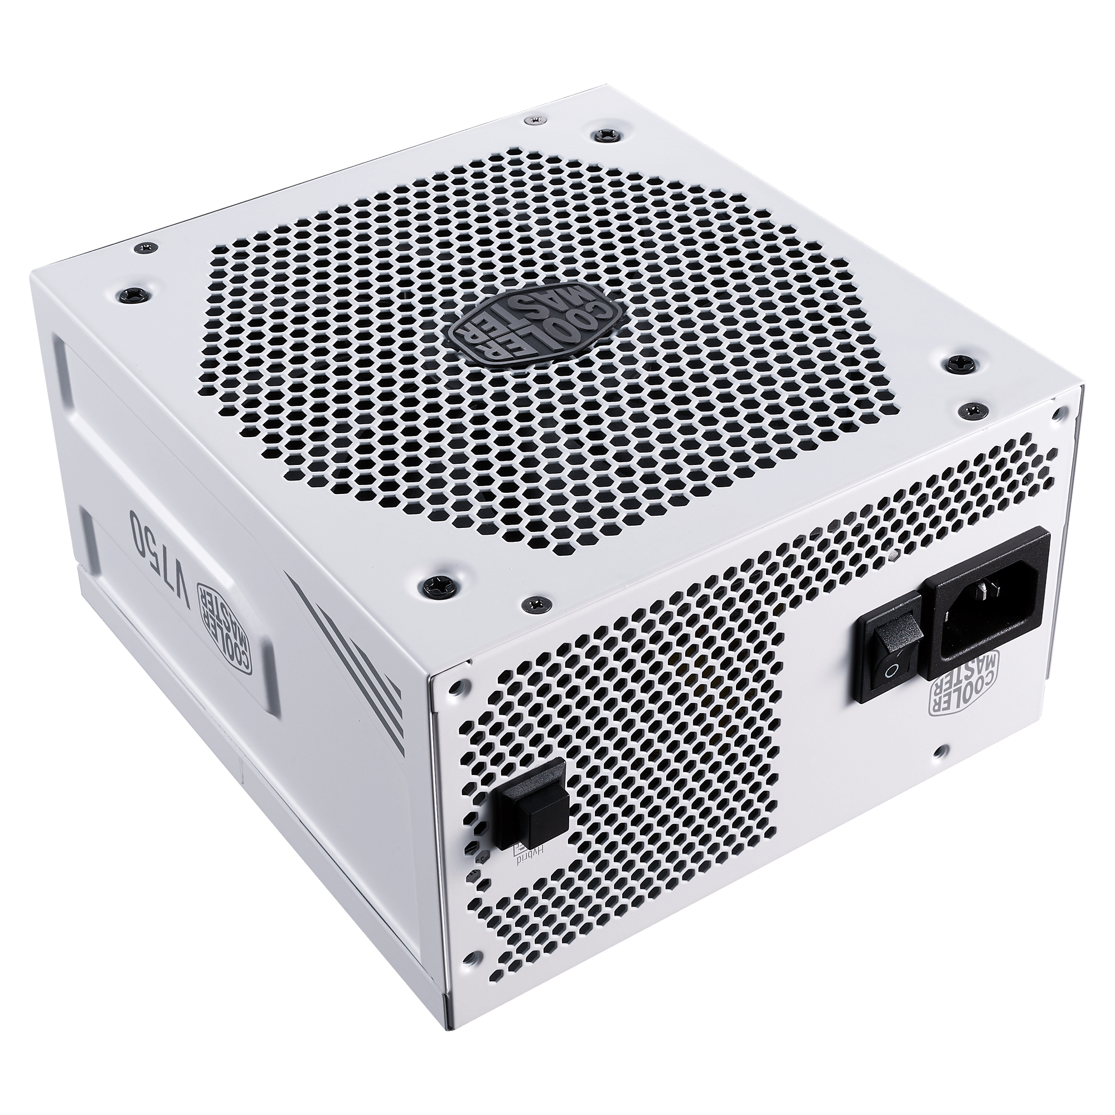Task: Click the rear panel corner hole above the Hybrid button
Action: pos(458,688)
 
